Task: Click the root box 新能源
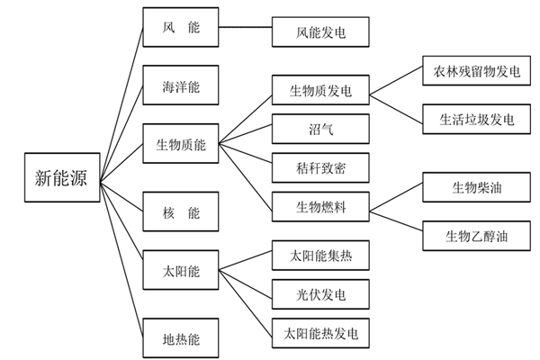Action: click(x=61, y=176)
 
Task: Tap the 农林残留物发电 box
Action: click(x=471, y=70)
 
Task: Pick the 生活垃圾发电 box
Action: click(x=471, y=118)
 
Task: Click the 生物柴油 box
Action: click(x=471, y=188)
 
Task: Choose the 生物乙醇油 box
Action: click(x=471, y=236)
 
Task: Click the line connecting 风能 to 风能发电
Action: click(x=246, y=32)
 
